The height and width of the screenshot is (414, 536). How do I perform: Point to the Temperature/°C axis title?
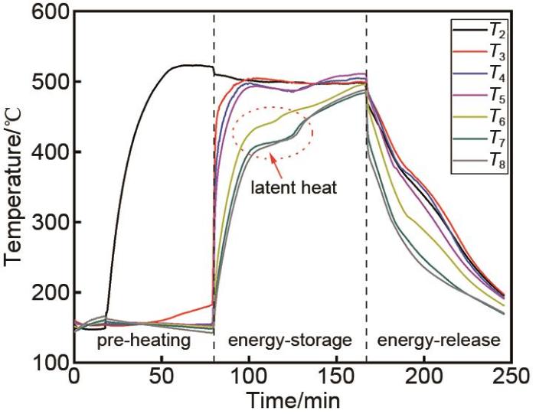[x=15, y=187]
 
